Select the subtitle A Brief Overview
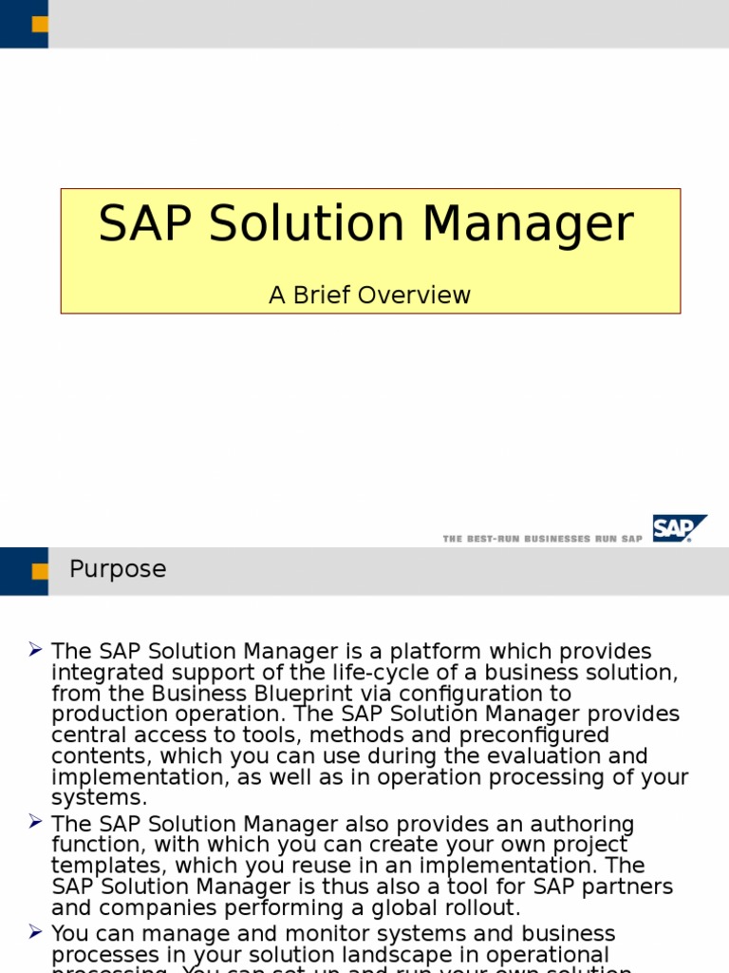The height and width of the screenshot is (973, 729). pyautogui.click(x=369, y=296)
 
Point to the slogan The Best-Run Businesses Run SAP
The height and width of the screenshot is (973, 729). pyautogui.click(x=542, y=539)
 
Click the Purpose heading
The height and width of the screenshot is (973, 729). pyautogui.click(x=118, y=569)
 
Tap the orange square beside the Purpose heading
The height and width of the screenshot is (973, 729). pyautogui.click(x=40, y=571)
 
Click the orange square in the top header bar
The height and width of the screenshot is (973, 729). pyautogui.click(x=40, y=24)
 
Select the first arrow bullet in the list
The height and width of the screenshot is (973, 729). pyautogui.click(x=35, y=650)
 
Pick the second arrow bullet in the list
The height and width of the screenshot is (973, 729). pyautogui.click(x=35, y=821)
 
